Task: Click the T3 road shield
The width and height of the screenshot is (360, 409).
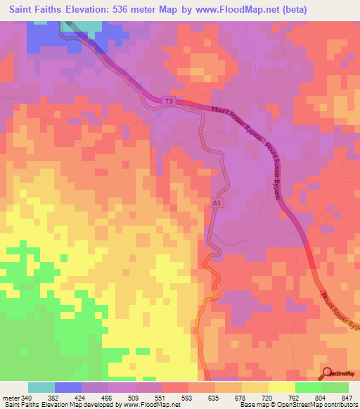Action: [x=168, y=101]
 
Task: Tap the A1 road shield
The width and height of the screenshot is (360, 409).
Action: [x=217, y=203]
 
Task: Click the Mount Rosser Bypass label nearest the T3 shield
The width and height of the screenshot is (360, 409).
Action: [x=239, y=123]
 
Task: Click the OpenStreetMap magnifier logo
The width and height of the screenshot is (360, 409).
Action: [x=327, y=372]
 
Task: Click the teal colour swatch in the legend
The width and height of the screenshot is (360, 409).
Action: [x=41, y=387]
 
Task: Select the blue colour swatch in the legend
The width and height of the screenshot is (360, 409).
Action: [x=68, y=387]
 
